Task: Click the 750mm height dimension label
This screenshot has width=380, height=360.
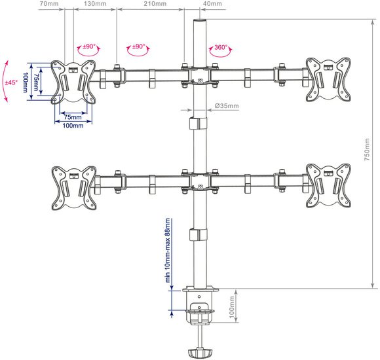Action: point(367,149)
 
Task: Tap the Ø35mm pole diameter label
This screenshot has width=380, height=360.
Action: point(227,106)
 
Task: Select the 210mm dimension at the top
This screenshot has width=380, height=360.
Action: point(155,4)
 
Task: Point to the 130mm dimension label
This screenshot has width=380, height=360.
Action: point(95,4)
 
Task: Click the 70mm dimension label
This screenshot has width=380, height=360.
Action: point(49,4)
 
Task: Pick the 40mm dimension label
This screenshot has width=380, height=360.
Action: point(212,4)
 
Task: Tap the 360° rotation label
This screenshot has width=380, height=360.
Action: point(221,47)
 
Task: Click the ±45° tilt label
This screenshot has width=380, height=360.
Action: point(11,82)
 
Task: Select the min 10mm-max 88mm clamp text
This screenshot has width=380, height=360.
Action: point(168,251)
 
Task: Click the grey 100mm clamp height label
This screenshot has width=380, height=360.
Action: point(232,307)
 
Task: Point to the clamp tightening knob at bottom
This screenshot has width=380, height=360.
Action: point(200,353)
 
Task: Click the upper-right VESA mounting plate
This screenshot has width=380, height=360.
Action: point(328,79)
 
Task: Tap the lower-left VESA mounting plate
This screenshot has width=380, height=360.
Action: point(74,188)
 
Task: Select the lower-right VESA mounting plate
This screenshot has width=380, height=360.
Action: point(328,185)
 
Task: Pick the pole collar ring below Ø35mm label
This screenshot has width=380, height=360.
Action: point(199,124)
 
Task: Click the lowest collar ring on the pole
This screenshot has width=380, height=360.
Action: point(199,234)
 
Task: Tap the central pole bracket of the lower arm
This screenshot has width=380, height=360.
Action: point(200,181)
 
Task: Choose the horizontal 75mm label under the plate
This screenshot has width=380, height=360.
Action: point(73,117)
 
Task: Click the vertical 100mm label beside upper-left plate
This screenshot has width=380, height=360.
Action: point(25,82)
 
